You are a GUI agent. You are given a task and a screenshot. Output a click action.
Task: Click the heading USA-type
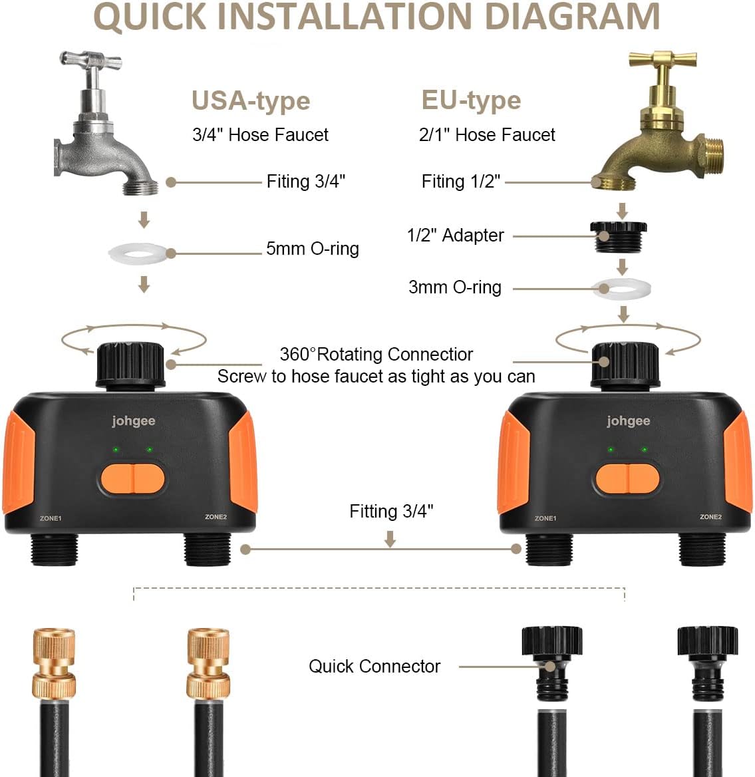251,101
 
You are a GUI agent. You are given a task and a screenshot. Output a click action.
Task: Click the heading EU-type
471,100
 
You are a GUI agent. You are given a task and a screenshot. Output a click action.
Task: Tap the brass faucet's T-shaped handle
663,61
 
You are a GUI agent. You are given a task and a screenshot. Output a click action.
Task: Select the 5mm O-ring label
312,249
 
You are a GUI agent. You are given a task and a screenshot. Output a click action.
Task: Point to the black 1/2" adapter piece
618,235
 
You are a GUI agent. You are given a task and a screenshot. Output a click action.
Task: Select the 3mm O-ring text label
454,287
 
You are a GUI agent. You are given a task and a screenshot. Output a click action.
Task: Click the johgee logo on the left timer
133,421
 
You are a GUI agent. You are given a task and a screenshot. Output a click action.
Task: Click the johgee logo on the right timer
628,421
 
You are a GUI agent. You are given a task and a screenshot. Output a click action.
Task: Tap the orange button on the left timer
132,478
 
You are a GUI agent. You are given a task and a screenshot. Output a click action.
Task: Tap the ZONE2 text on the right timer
710,517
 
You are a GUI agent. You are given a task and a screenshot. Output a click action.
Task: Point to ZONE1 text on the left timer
51,518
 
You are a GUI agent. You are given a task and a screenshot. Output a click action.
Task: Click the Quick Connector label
374,667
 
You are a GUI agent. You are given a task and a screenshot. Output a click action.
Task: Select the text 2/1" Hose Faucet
486,135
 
